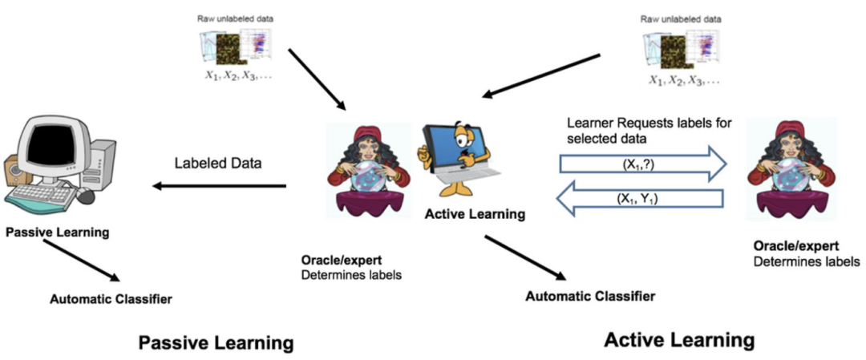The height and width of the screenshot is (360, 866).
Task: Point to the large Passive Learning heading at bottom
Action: click(x=216, y=343)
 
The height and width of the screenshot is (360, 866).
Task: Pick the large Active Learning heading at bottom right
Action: click(x=679, y=340)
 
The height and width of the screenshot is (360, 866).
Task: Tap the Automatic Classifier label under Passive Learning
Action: click(x=111, y=300)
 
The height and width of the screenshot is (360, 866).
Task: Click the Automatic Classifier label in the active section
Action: click(x=590, y=296)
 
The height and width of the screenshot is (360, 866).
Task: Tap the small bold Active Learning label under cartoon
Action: click(x=476, y=214)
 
